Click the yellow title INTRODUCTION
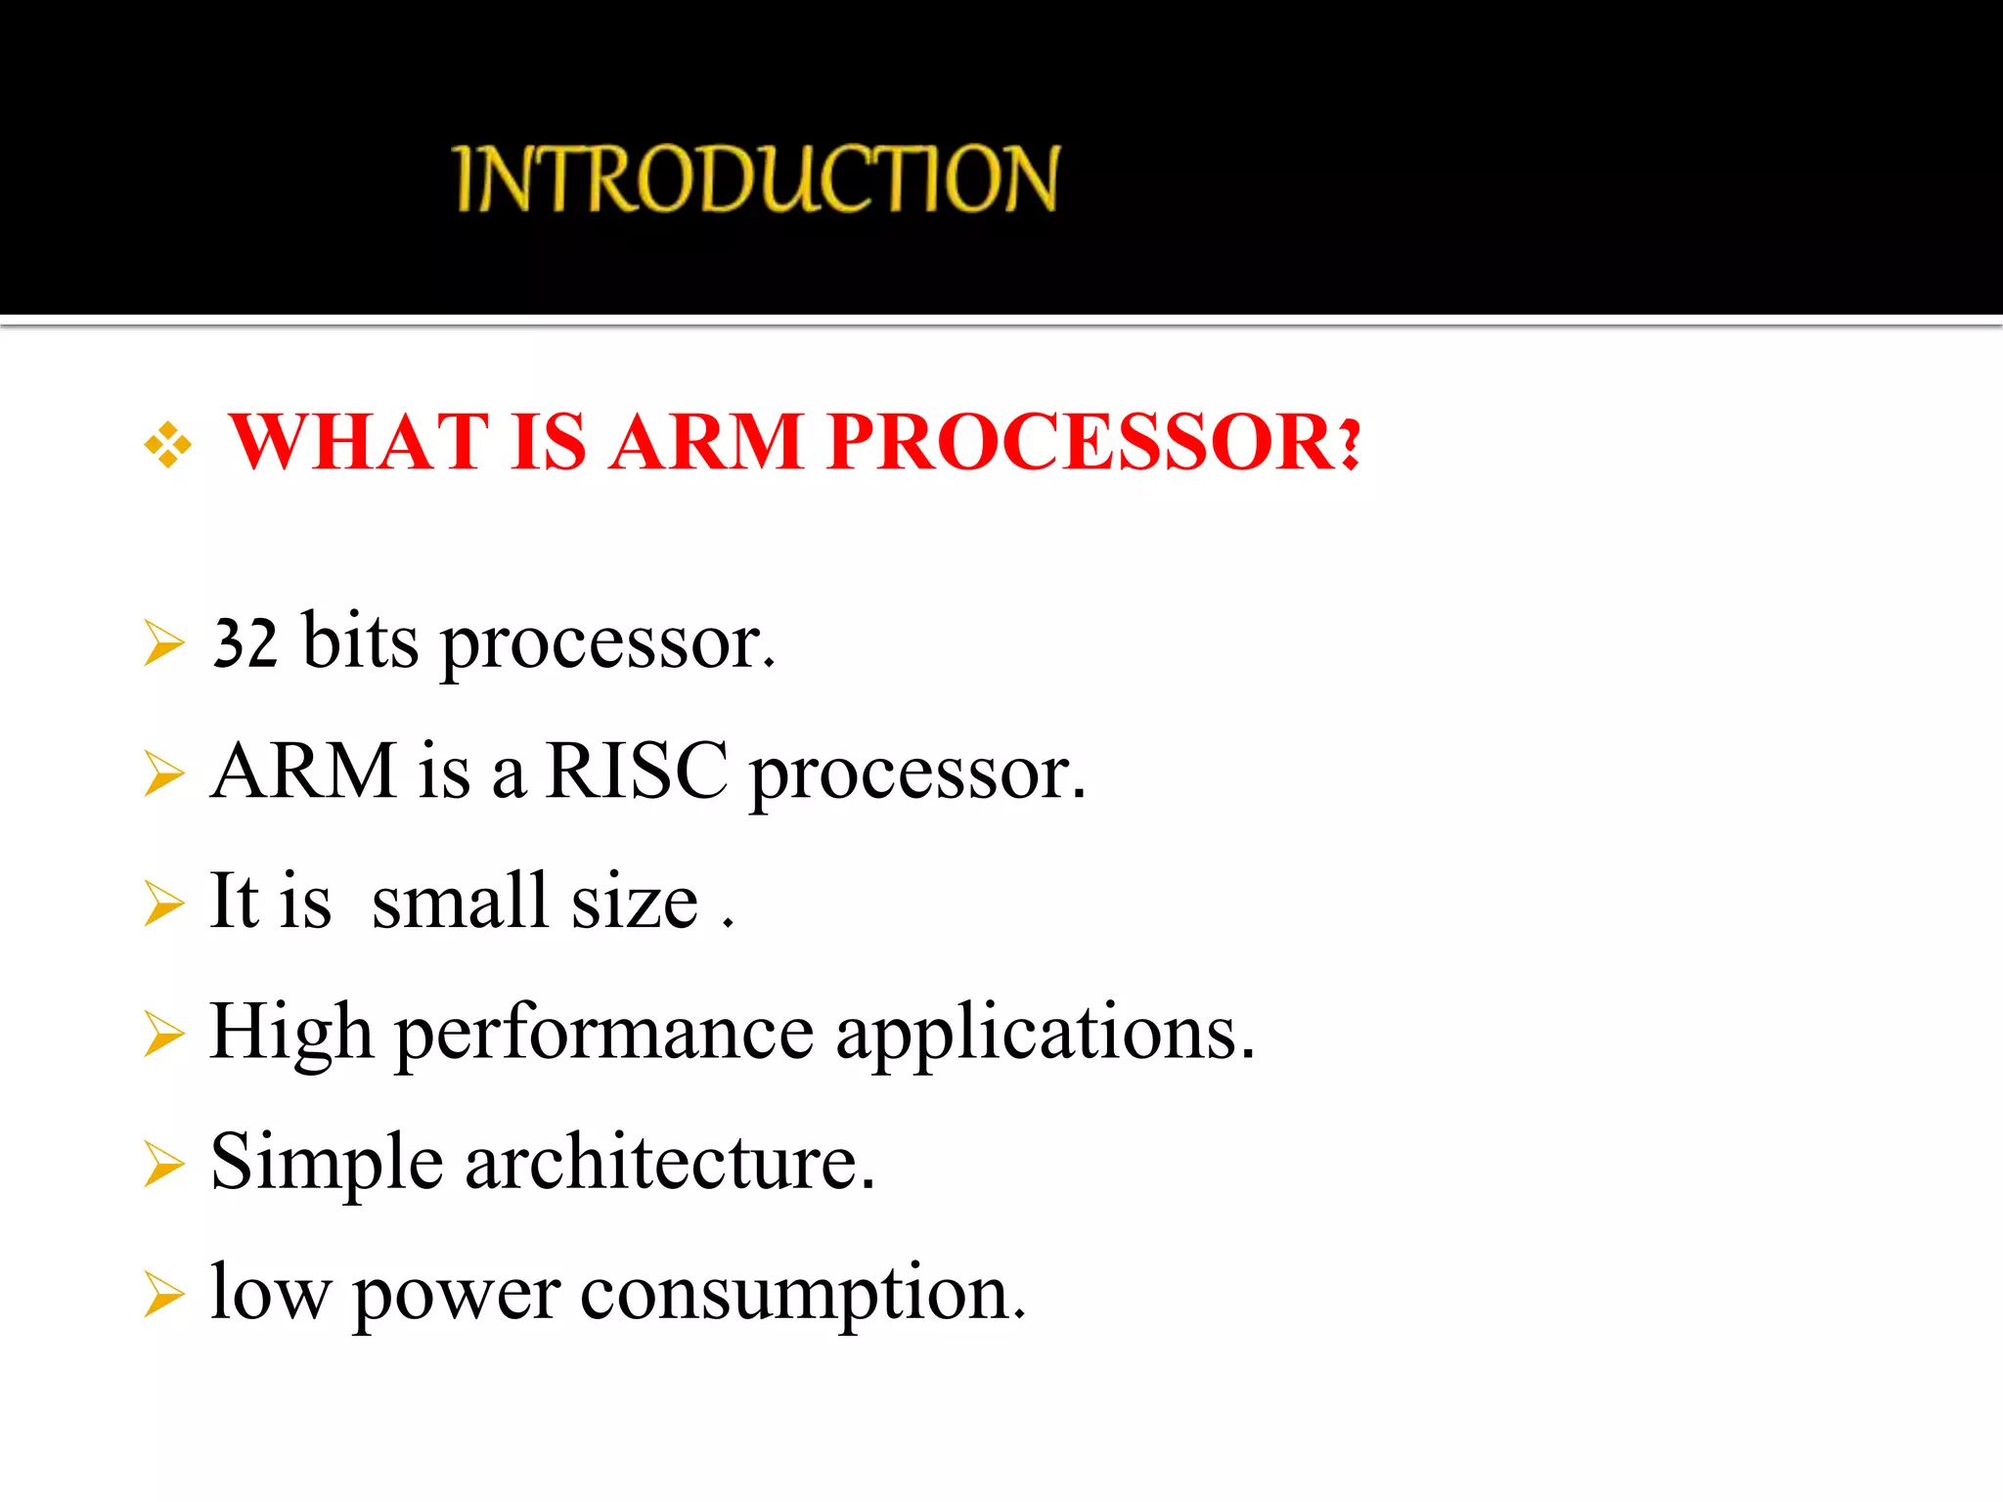755,178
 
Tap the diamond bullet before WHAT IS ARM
168,445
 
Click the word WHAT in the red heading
358,442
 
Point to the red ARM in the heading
707,442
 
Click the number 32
245,643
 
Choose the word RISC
636,772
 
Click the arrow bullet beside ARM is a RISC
163,773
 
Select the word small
460,901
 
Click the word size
635,903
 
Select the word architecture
669,1163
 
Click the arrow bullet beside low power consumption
163,1295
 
